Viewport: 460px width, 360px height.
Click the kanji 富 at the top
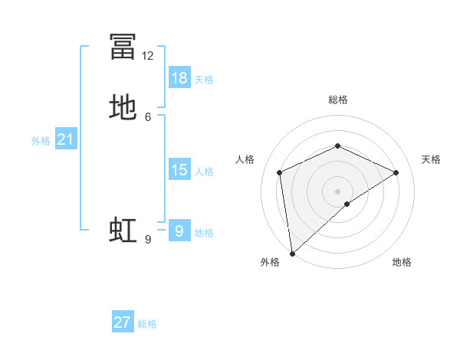[x=123, y=47]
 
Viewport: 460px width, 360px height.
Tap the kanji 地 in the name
[x=123, y=108]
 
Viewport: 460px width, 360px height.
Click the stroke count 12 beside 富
[x=148, y=56]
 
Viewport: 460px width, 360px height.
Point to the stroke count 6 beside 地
[x=148, y=116]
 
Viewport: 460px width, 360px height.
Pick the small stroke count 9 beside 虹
[x=148, y=240]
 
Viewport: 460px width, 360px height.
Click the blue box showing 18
[x=179, y=77]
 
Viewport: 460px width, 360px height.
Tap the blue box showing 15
[x=179, y=169]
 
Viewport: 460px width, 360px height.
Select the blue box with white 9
[x=179, y=231]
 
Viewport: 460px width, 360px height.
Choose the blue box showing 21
[x=65, y=139]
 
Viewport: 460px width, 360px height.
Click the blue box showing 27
[x=123, y=322]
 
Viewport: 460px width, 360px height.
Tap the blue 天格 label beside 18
[x=204, y=79]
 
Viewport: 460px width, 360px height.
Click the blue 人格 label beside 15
[x=204, y=171]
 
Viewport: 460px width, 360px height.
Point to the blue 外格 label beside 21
[x=41, y=141]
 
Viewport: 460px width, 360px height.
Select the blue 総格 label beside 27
[x=147, y=324]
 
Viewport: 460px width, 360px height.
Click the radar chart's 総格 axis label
[x=337, y=100]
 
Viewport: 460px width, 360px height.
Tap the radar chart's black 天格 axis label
[x=431, y=159]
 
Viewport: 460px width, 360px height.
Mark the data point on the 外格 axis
[x=291, y=253]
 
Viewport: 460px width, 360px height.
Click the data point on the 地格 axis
[x=347, y=204]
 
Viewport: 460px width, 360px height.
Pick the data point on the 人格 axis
[x=280, y=172]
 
